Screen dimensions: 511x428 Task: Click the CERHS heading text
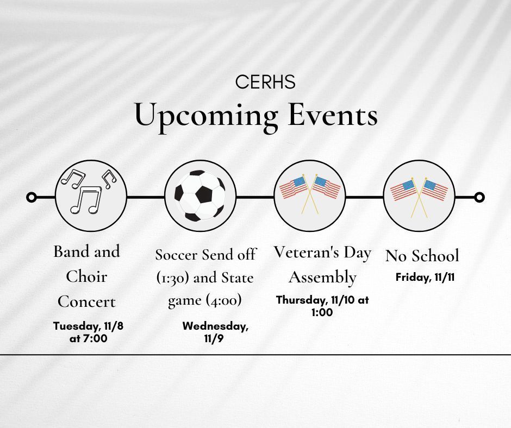(x=265, y=82)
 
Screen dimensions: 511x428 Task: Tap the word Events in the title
(x=333, y=115)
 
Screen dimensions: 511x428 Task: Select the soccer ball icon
(x=200, y=196)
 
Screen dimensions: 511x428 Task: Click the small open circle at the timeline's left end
(x=32, y=197)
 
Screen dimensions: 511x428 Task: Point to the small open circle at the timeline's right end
(x=479, y=197)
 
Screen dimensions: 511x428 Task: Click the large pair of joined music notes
(x=86, y=200)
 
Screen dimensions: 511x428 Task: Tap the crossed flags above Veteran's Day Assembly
(x=310, y=194)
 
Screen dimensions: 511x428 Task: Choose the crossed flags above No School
(x=419, y=198)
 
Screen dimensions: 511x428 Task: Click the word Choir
(x=86, y=277)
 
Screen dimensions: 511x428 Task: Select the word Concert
(x=86, y=302)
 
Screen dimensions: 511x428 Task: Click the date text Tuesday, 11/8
(x=88, y=326)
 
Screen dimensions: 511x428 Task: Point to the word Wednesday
(x=215, y=326)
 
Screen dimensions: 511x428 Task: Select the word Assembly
(x=322, y=278)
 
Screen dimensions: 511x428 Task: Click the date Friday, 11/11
(x=425, y=278)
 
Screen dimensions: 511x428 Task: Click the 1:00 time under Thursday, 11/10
(x=322, y=312)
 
